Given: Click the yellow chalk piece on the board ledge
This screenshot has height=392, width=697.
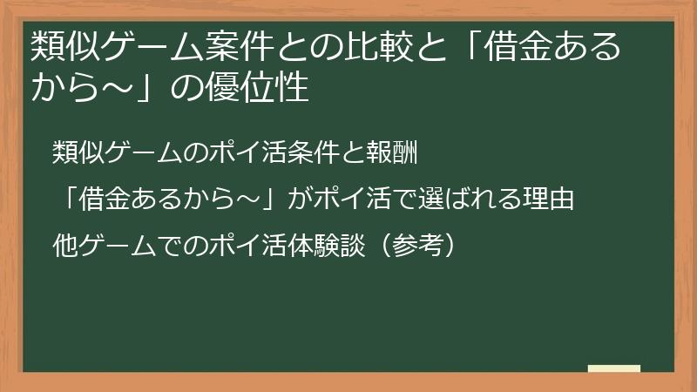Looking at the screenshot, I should point(613,368).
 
